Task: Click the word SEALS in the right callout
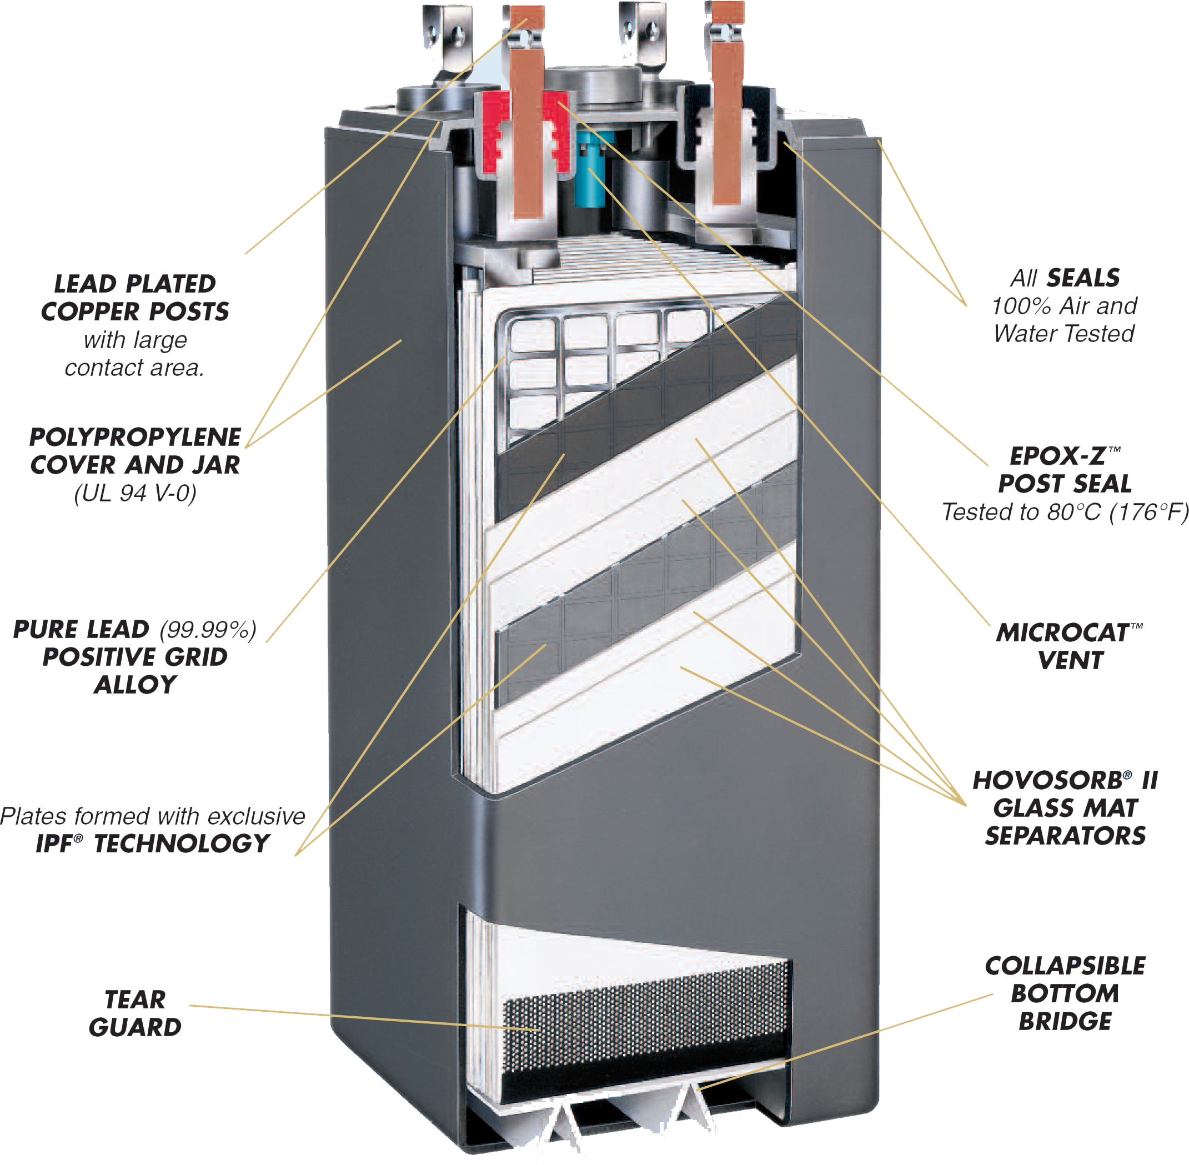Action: point(1082,278)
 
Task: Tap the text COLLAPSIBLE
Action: point(1065,966)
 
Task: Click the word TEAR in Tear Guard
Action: point(134,1000)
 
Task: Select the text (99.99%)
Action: point(208,629)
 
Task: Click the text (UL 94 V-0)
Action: point(136,493)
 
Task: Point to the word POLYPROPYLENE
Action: point(136,437)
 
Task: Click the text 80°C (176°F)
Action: point(1117,511)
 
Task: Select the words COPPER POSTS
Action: point(136,312)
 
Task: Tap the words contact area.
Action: point(134,368)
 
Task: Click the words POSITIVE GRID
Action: point(136,656)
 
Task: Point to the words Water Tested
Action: point(1063,334)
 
